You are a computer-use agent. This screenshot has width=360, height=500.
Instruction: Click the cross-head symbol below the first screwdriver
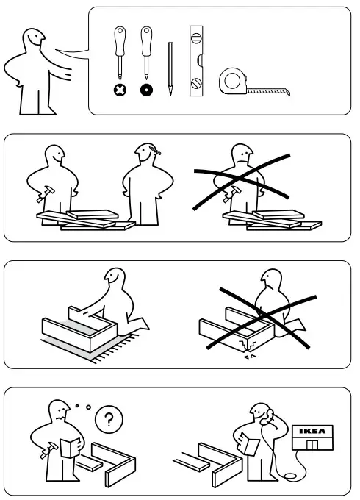pyautogui.click(x=119, y=91)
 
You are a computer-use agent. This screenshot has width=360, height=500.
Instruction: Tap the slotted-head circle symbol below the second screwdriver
pyautogui.click(x=147, y=91)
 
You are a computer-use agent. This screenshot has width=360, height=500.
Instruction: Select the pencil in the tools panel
pyautogui.click(x=171, y=71)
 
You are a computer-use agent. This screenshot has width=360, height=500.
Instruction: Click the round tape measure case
pyautogui.click(x=233, y=82)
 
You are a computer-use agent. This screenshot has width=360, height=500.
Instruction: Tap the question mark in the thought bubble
pyautogui.click(x=109, y=421)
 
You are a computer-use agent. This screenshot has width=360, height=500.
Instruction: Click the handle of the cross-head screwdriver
pyautogui.click(x=119, y=41)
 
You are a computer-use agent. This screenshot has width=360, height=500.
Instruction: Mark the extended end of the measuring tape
pyautogui.click(x=288, y=91)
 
